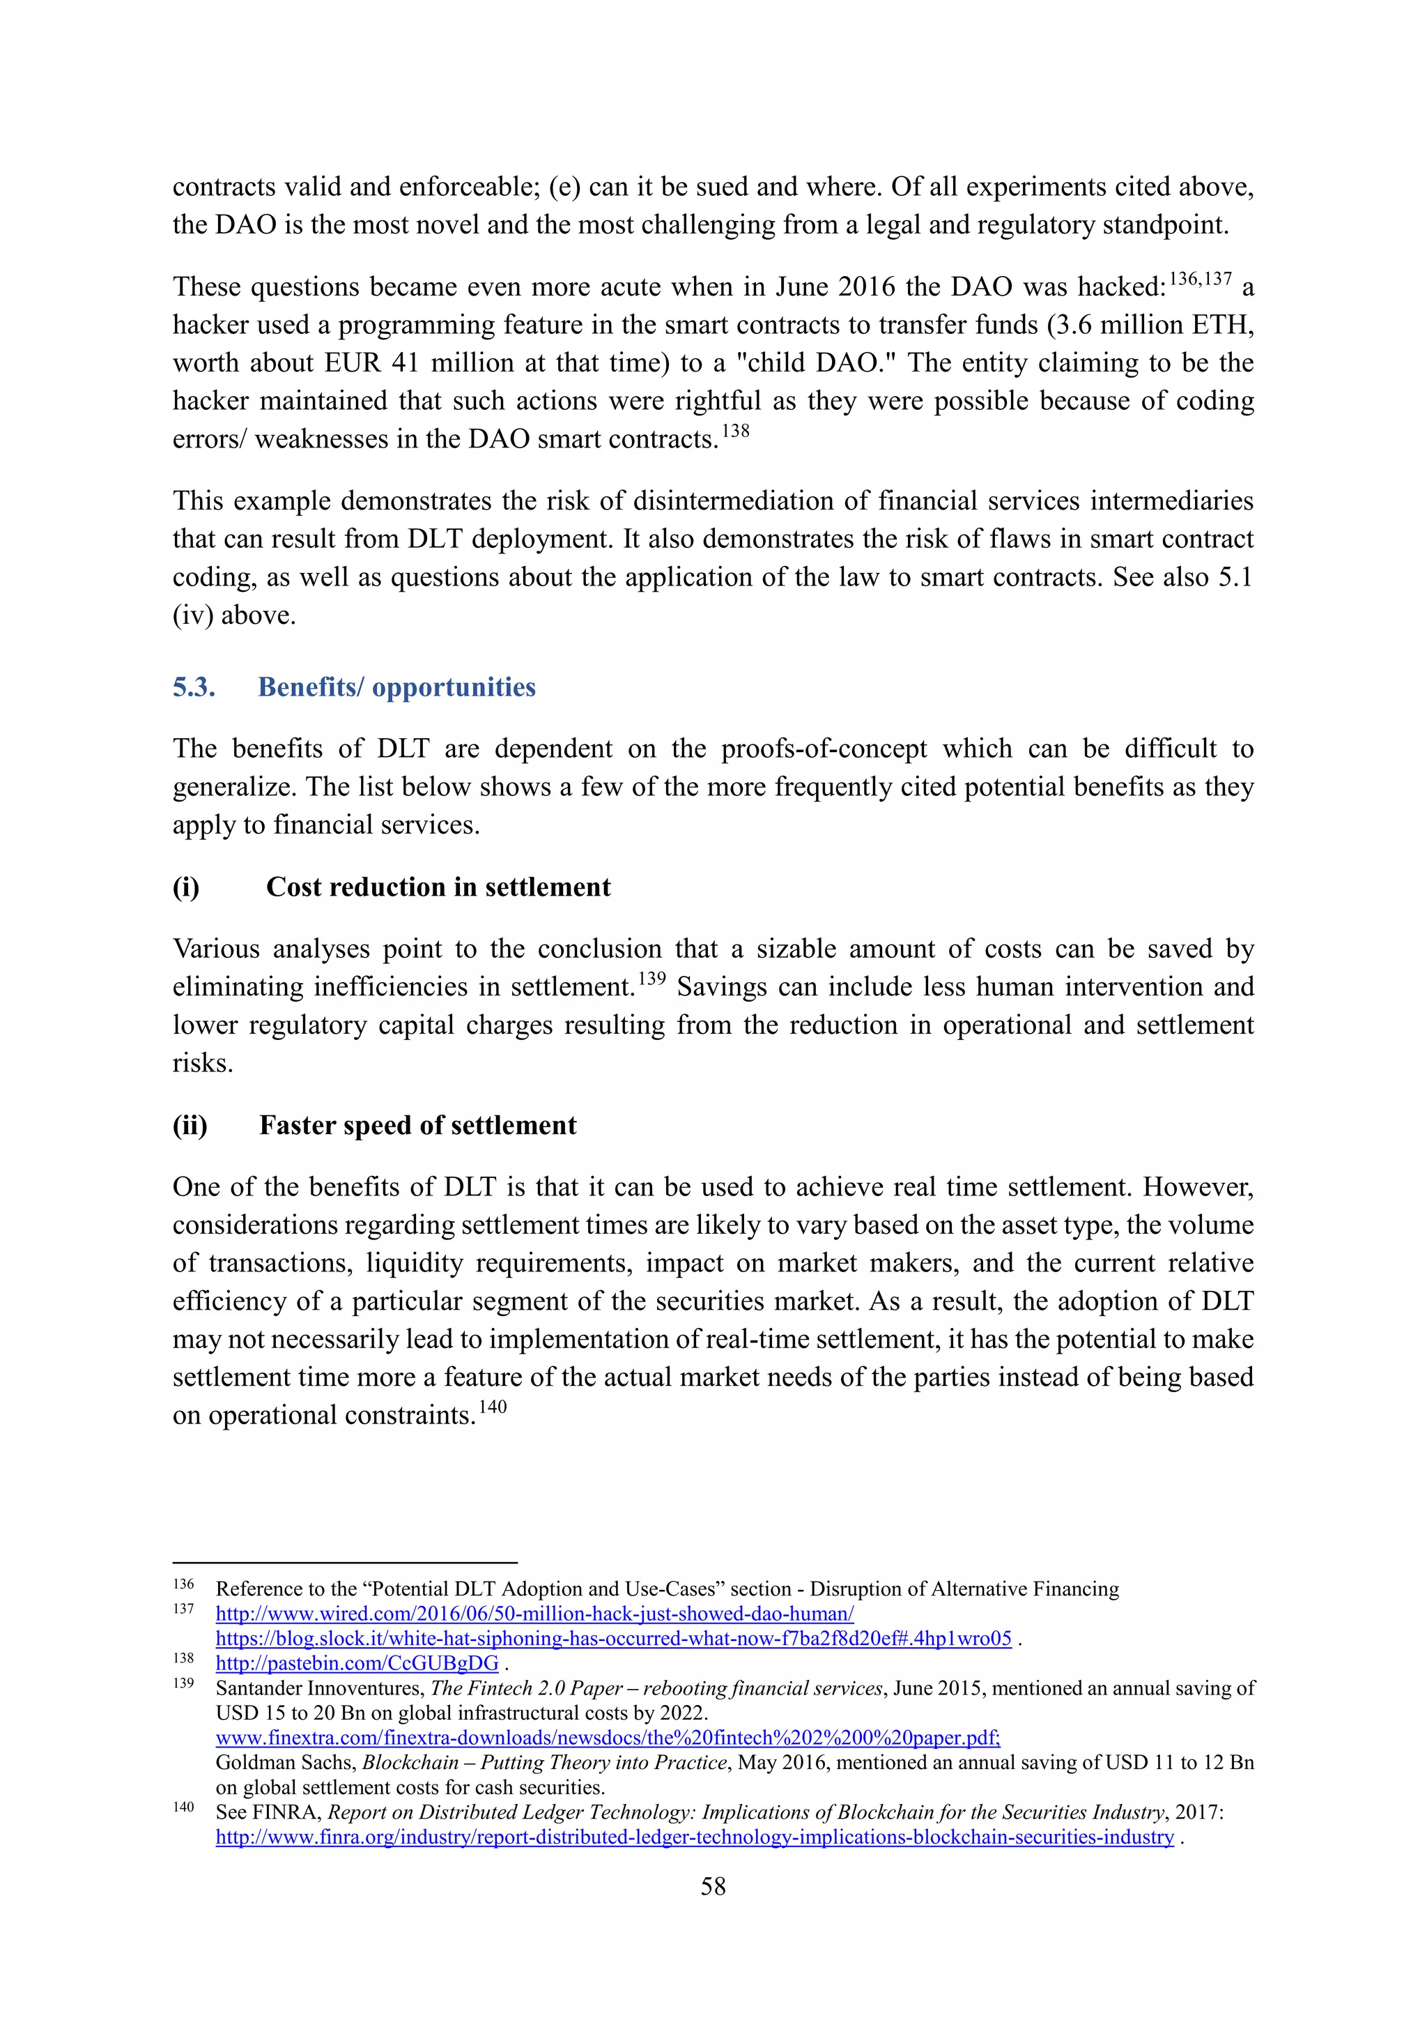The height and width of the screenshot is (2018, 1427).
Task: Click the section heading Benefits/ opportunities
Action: click(x=396, y=687)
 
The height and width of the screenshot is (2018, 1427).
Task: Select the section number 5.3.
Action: click(x=194, y=687)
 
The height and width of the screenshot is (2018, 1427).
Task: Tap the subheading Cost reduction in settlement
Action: click(x=438, y=887)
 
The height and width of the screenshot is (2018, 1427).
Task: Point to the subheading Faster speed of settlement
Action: click(x=417, y=1125)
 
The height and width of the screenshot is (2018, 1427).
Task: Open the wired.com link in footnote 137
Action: click(x=534, y=1614)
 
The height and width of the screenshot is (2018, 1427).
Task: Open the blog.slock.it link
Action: click(x=613, y=1638)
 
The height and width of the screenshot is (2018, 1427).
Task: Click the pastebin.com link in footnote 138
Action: click(x=357, y=1663)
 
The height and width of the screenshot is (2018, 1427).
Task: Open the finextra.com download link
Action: click(x=607, y=1738)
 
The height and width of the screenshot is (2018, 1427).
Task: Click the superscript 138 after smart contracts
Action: click(x=736, y=431)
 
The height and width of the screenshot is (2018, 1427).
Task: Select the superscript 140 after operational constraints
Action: click(x=493, y=1406)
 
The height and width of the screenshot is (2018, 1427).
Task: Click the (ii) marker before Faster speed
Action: click(x=190, y=1125)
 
